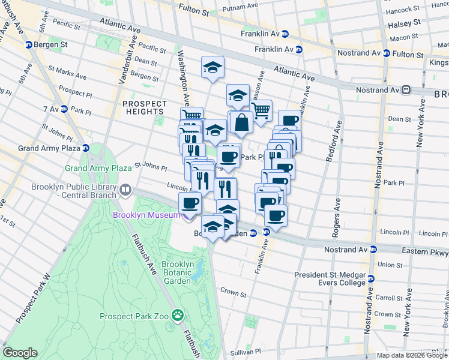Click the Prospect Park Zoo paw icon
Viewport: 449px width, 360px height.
(177, 314)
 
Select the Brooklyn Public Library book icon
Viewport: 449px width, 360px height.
(125, 190)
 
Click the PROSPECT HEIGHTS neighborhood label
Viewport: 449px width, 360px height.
(145, 108)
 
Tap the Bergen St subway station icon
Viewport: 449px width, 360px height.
(28, 45)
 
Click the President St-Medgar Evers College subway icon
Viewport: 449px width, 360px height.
(371, 278)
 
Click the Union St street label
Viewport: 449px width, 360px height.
(390, 264)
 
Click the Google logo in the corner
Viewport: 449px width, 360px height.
(20, 353)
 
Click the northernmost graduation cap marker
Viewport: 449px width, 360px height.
(212, 67)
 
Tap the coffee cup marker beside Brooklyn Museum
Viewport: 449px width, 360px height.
(191, 203)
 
